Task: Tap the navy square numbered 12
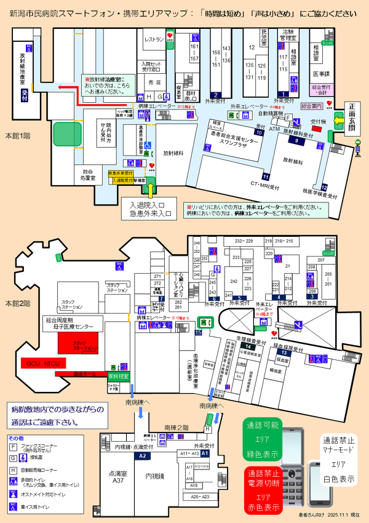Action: point(324,186)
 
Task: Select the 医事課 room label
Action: point(320,74)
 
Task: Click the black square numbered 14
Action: point(247,347)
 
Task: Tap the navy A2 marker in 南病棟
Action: point(143,456)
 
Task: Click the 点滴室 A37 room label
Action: point(117,478)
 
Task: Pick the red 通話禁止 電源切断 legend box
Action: point(263,490)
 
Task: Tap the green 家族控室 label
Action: point(118,375)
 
